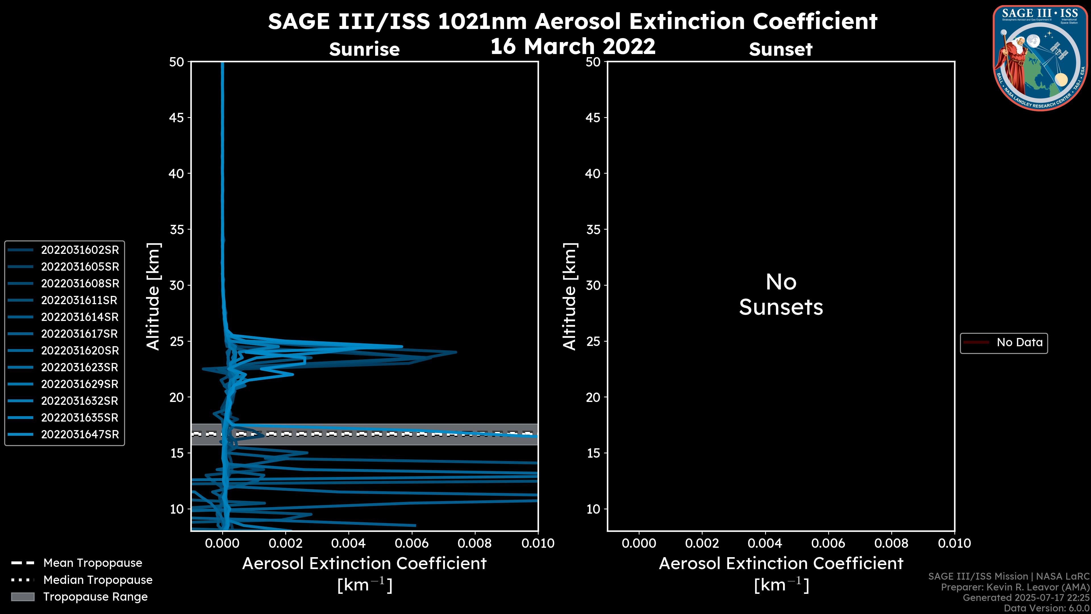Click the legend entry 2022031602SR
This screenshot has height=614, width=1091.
[80, 250]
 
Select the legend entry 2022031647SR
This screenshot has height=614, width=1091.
[80, 434]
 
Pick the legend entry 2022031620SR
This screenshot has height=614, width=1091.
[80, 350]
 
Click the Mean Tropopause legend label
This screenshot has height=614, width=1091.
[92, 563]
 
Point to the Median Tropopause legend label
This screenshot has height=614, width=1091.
[97, 580]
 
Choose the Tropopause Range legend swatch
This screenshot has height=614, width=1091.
[23, 597]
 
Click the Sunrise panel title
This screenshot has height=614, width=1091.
[364, 49]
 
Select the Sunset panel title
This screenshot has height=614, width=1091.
[780, 49]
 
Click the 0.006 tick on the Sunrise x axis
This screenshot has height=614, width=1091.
[412, 543]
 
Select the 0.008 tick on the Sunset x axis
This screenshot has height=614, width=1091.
[892, 543]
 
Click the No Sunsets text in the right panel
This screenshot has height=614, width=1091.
[780, 295]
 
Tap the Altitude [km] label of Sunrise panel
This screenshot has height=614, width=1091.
[153, 296]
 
